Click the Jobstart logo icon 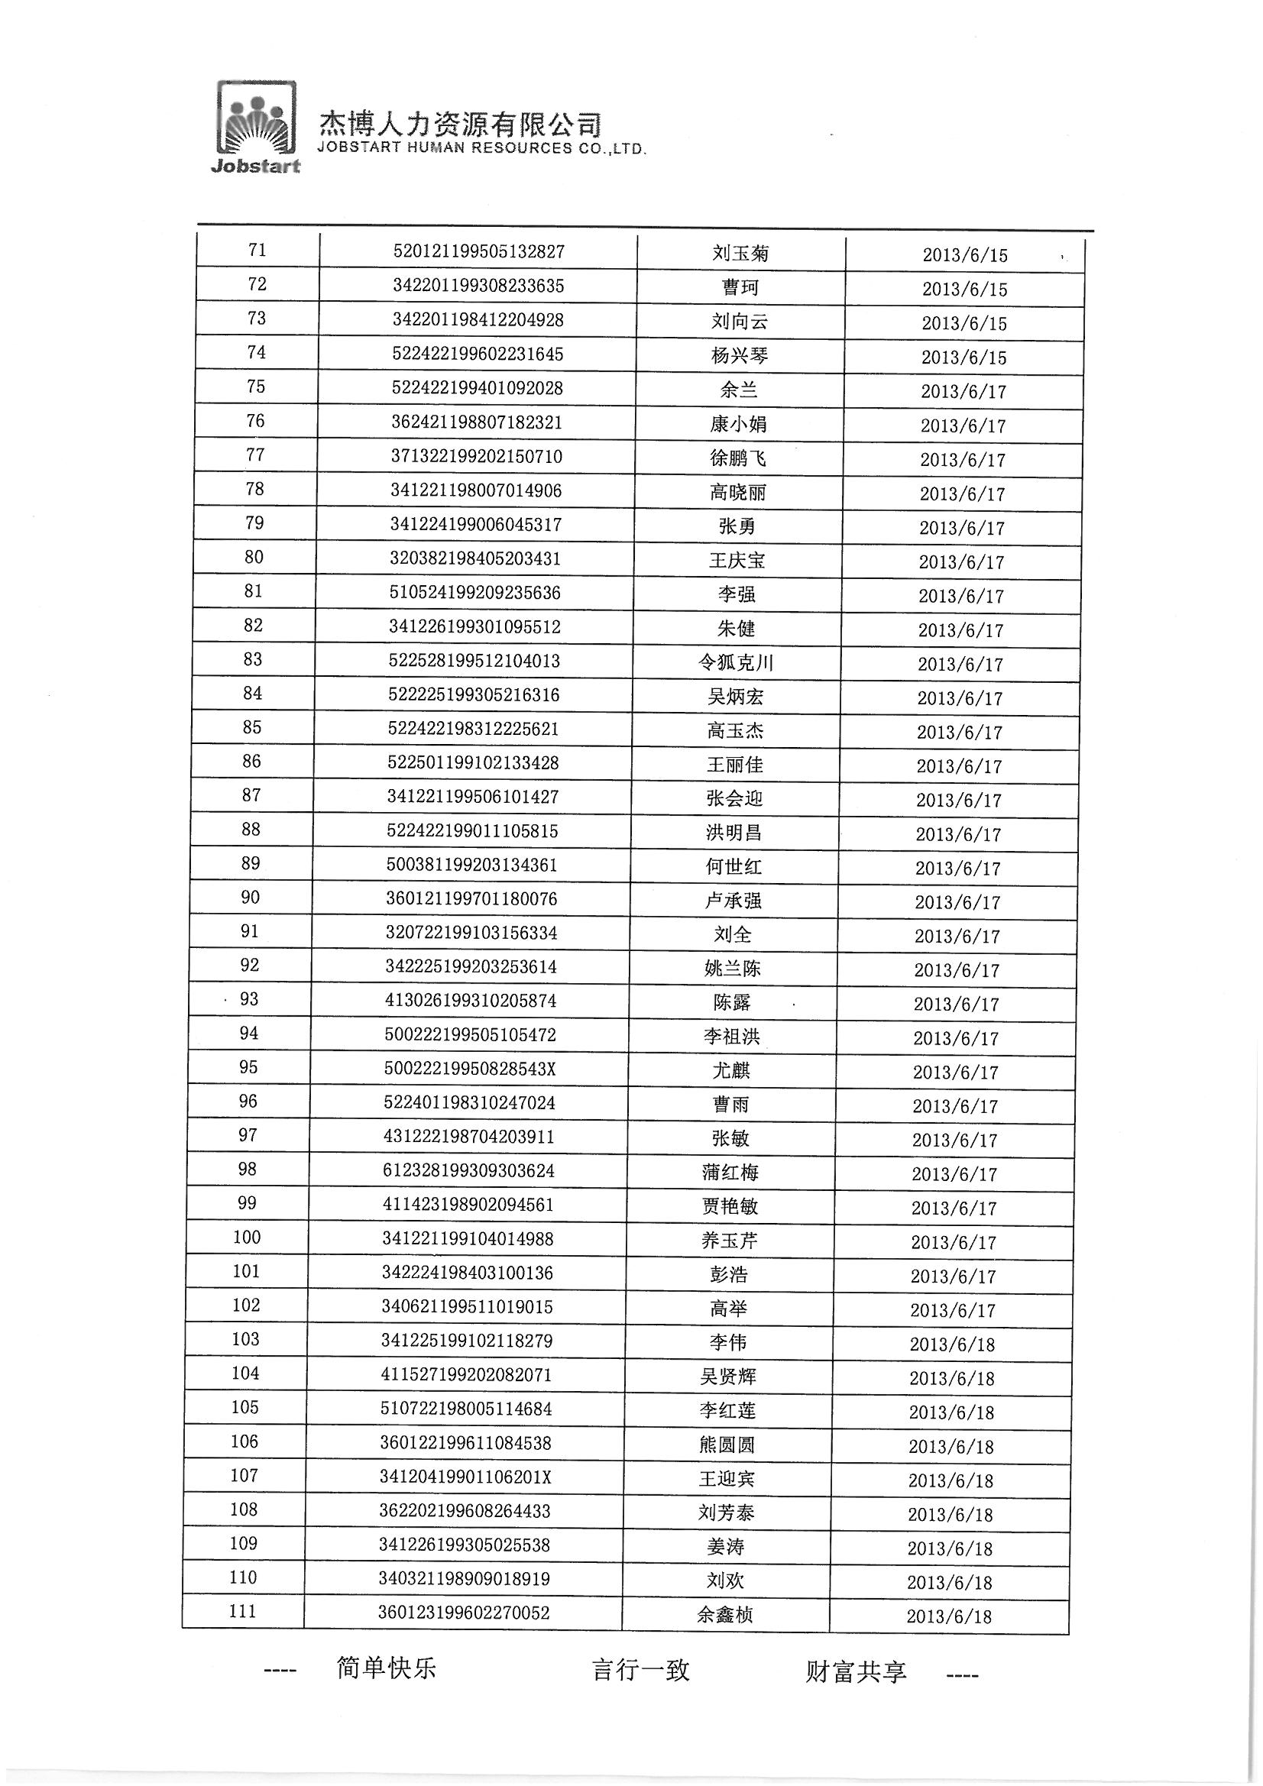[x=255, y=125]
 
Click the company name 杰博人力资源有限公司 [x=460, y=125]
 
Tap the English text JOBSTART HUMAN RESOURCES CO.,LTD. [x=481, y=148]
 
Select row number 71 [x=257, y=250]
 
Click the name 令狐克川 [x=735, y=663]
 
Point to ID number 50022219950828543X [x=470, y=1069]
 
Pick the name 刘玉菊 [x=740, y=253]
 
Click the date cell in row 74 [x=963, y=358]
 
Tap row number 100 [x=247, y=1237]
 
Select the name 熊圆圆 [x=727, y=1445]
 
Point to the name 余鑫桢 [x=724, y=1616]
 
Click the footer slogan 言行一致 [x=640, y=1670]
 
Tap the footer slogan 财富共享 [x=856, y=1671]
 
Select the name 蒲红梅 [x=730, y=1173]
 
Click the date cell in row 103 [x=952, y=1345]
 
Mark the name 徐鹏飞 [x=738, y=458]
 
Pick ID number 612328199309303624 [x=468, y=1171]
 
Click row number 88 [x=251, y=830]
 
